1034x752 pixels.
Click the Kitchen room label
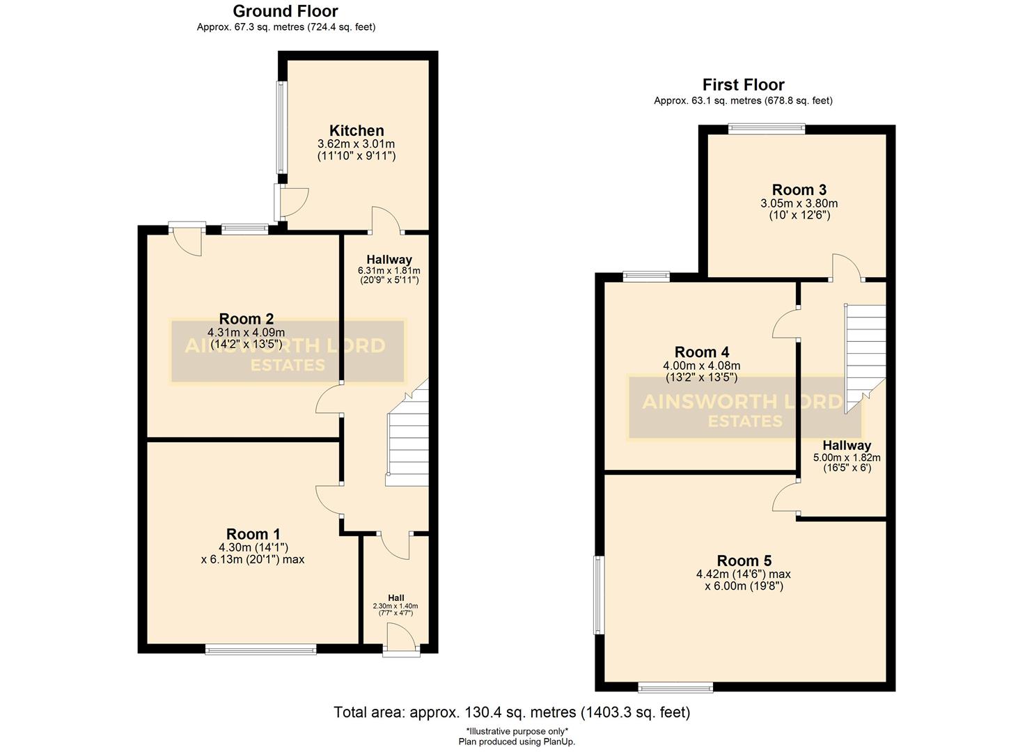(356, 131)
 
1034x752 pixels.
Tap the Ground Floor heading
(285, 11)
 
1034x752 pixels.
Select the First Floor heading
(743, 85)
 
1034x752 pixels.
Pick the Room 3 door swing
(845, 269)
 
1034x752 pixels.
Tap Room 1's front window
(260, 650)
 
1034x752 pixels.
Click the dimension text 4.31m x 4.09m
(246, 332)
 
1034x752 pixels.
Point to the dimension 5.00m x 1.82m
(846, 458)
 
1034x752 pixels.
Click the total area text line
(512, 712)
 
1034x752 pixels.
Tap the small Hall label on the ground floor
(395, 598)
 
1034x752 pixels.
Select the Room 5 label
(744, 561)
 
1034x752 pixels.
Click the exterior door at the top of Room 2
(187, 238)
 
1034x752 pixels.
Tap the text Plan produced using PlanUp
(517, 742)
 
